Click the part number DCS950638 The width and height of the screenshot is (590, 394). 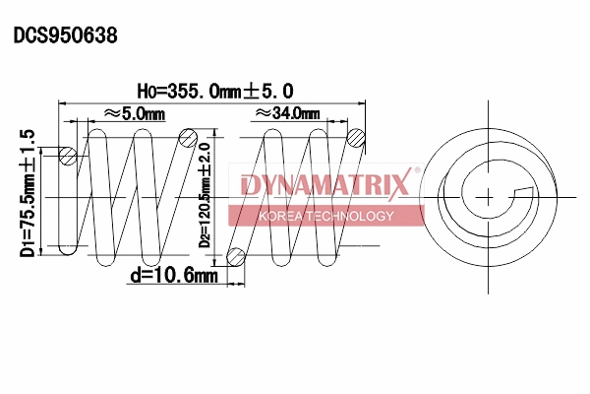point(65,35)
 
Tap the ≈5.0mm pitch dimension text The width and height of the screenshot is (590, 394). point(134,114)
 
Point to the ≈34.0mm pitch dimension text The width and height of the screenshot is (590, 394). point(285,114)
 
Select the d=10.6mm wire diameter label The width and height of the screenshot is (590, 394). point(172,276)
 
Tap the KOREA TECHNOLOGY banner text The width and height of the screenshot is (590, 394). point(324,216)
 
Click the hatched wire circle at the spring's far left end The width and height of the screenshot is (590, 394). point(68,155)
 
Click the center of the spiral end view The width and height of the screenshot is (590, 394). point(489,196)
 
